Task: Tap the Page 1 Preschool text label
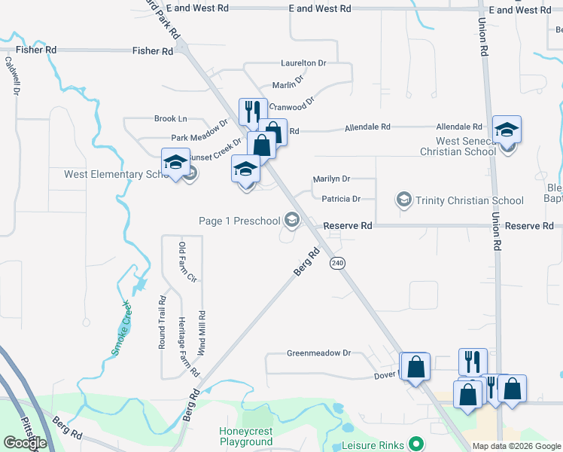(x=239, y=221)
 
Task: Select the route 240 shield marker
(x=336, y=263)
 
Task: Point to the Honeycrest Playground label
(x=245, y=436)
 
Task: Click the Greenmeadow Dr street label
(x=319, y=353)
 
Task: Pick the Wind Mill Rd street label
(x=202, y=333)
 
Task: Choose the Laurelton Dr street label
(x=303, y=63)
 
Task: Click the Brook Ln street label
(x=170, y=119)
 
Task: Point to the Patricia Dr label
(x=341, y=199)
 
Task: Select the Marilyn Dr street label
(x=332, y=179)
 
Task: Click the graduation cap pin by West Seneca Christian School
(x=507, y=129)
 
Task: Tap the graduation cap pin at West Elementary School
(x=175, y=162)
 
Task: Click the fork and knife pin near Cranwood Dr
(x=253, y=111)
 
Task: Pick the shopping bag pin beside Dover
(x=415, y=367)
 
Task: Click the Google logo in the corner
(x=25, y=443)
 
